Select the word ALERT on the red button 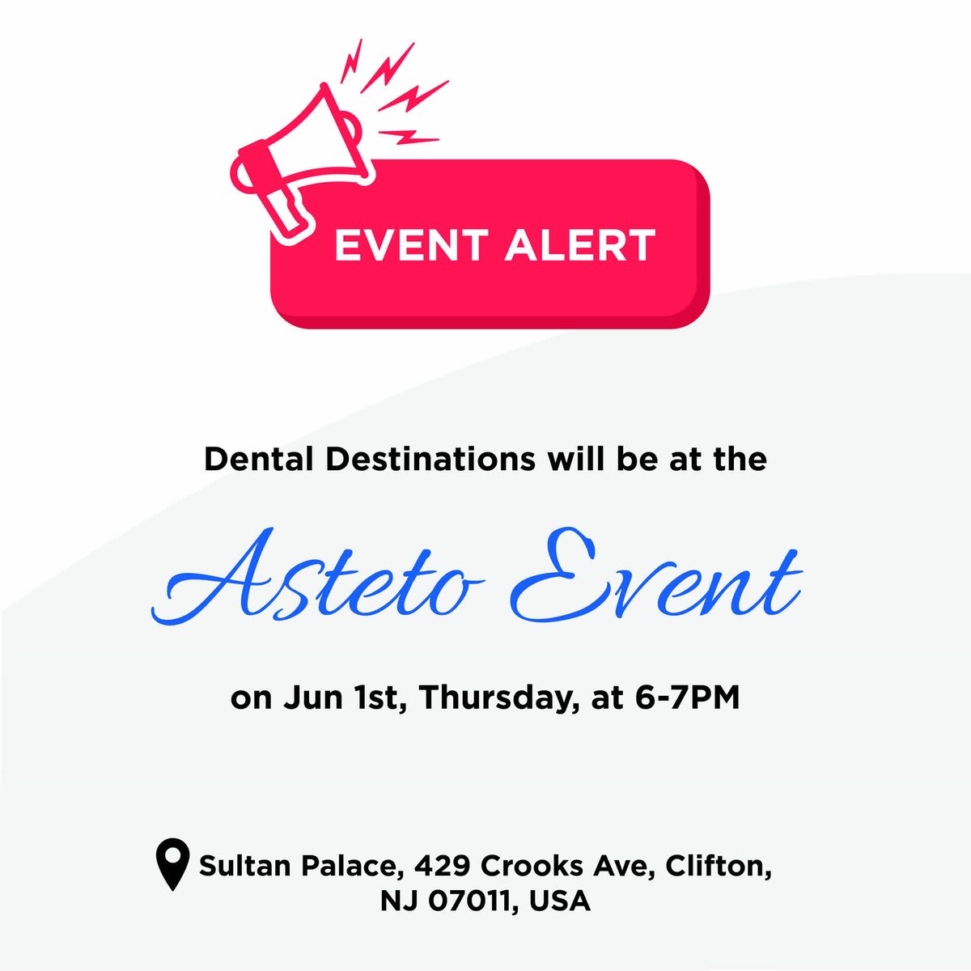(x=579, y=246)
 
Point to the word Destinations (x=429, y=460)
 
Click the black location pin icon (x=172, y=864)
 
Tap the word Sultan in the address (x=245, y=867)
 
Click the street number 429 (x=443, y=867)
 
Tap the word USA (x=560, y=901)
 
